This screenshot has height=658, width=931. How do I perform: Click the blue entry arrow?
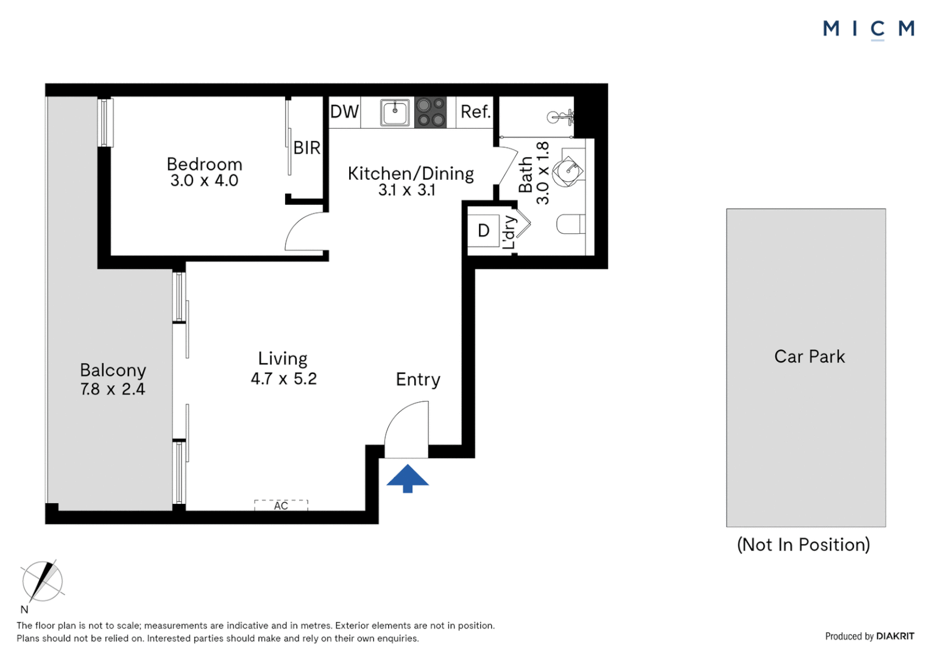tap(408, 478)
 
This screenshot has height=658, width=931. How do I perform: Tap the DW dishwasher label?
tap(344, 111)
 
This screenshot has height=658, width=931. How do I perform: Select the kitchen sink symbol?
tap(395, 112)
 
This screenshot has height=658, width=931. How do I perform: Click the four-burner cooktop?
tap(430, 112)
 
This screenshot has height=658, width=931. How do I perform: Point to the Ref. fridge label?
tap(475, 111)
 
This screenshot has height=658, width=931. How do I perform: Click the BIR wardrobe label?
tap(306, 147)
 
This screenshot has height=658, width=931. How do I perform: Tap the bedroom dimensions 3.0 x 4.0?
tap(204, 181)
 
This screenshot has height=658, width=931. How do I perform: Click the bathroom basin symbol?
tap(570, 169)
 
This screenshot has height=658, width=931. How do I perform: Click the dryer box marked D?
tap(484, 230)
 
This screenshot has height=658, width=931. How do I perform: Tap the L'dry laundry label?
tap(509, 232)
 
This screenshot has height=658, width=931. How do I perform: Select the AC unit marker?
tap(281, 505)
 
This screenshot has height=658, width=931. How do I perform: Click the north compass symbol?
tap(42, 581)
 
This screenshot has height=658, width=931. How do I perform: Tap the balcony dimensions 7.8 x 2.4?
tap(113, 389)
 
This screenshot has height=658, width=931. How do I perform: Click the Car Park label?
tap(809, 356)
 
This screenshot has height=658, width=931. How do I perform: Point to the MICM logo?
tap(868, 29)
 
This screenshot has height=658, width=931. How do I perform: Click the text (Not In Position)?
tap(803, 545)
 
